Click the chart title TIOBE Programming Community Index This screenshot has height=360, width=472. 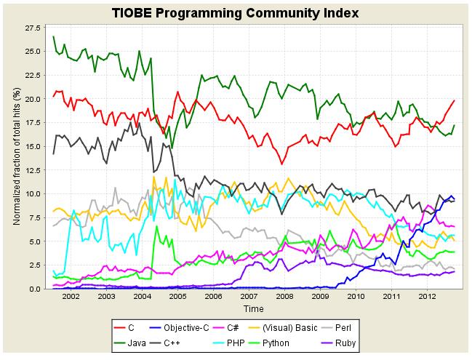pyautogui.click(x=236, y=13)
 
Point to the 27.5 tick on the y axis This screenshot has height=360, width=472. pyautogui.click(x=33, y=28)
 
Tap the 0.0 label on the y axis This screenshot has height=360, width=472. pyautogui.click(x=35, y=289)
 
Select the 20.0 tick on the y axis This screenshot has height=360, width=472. pyautogui.click(x=33, y=99)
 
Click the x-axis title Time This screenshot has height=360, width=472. pyautogui.click(x=254, y=309)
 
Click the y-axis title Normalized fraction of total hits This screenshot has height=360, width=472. pyautogui.click(x=16, y=156)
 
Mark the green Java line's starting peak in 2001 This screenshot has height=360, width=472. pyautogui.click(x=54, y=36)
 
